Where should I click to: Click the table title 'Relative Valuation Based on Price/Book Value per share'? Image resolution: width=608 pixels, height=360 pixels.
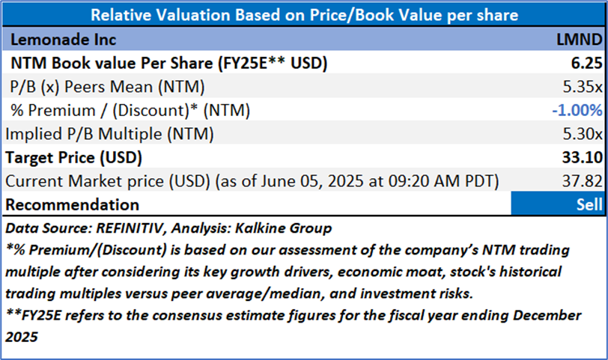click(x=303, y=15)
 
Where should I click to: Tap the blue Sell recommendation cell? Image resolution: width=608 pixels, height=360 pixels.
click(x=556, y=204)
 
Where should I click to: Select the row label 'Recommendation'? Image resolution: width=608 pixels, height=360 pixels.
click(x=73, y=204)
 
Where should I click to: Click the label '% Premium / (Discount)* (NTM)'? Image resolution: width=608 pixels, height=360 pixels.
click(x=130, y=110)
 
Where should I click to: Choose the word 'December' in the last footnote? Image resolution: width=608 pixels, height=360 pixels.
click(x=545, y=315)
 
